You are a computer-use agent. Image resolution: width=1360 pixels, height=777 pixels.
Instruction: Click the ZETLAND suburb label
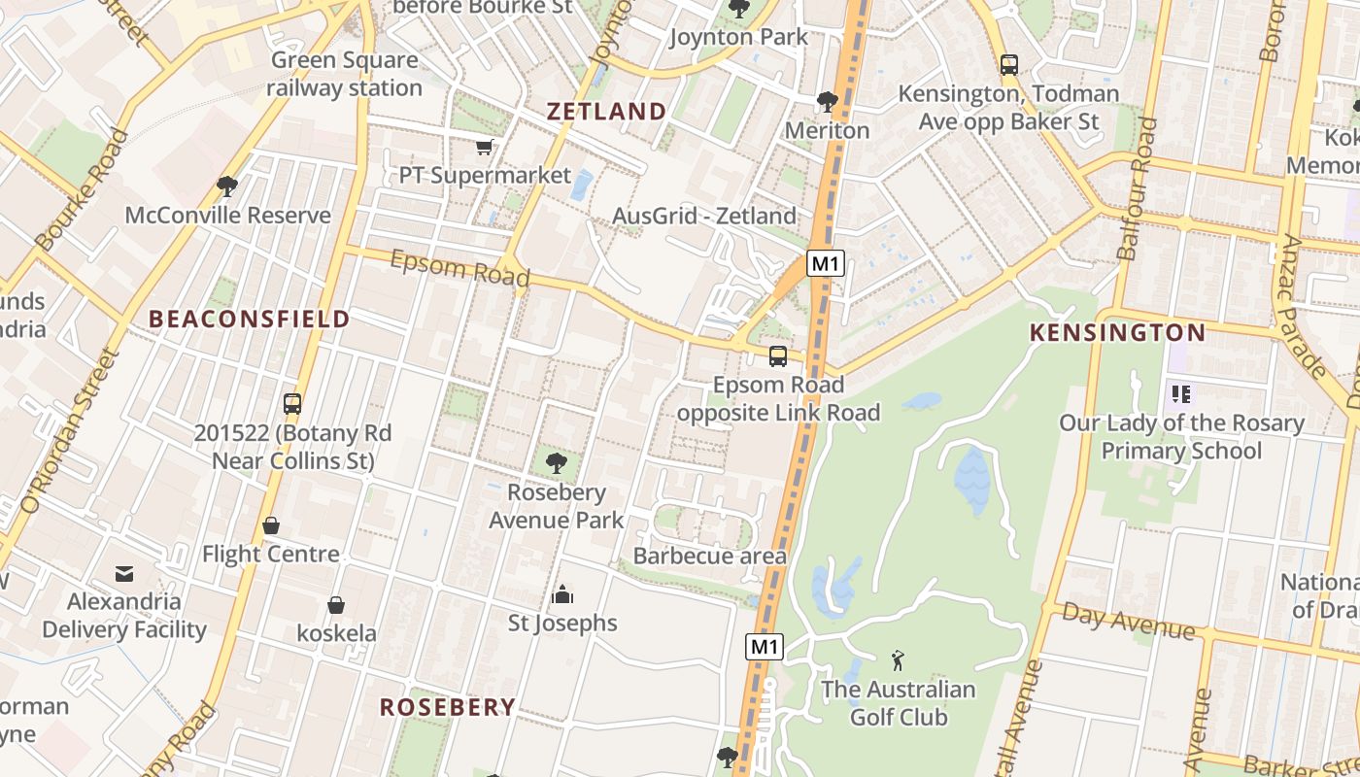tap(606, 111)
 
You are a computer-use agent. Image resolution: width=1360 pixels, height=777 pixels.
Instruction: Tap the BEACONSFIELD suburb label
tap(250, 319)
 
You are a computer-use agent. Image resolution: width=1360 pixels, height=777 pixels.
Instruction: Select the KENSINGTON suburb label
tap(1117, 333)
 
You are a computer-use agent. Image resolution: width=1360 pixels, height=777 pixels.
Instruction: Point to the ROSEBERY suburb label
tap(447, 707)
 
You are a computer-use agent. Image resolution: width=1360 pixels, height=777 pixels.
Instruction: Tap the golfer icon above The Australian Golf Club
tap(898, 661)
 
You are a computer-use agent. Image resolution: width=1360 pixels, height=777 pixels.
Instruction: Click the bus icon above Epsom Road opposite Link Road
tap(778, 356)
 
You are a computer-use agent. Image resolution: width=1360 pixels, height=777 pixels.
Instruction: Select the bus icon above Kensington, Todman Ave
tap(1009, 65)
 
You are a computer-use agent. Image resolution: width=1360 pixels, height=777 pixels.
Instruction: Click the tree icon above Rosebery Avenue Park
tap(557, 463)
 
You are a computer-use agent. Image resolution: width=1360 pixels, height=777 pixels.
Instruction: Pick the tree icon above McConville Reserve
tap(227, 186)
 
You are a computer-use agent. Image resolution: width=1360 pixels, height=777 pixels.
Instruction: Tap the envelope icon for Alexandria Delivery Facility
tap(124, 573)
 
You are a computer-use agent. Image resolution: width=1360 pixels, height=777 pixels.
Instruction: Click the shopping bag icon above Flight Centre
tap(271, 525)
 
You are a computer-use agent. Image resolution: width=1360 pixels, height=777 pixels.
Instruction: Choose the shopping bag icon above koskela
tap(336, 605)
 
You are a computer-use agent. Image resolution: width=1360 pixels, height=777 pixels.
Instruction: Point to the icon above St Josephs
tap(562, 594)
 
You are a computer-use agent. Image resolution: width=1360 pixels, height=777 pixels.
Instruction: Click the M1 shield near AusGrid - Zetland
tap(825, 263)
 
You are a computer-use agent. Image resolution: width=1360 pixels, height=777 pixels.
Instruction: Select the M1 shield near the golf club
tap(765, 647)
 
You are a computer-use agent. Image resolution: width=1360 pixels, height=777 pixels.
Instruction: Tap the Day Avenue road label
tap(1128, 621)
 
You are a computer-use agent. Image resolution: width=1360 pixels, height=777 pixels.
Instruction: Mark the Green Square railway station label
tap(344, 74)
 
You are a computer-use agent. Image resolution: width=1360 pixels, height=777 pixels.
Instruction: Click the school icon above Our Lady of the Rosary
tap(1181, 394)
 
